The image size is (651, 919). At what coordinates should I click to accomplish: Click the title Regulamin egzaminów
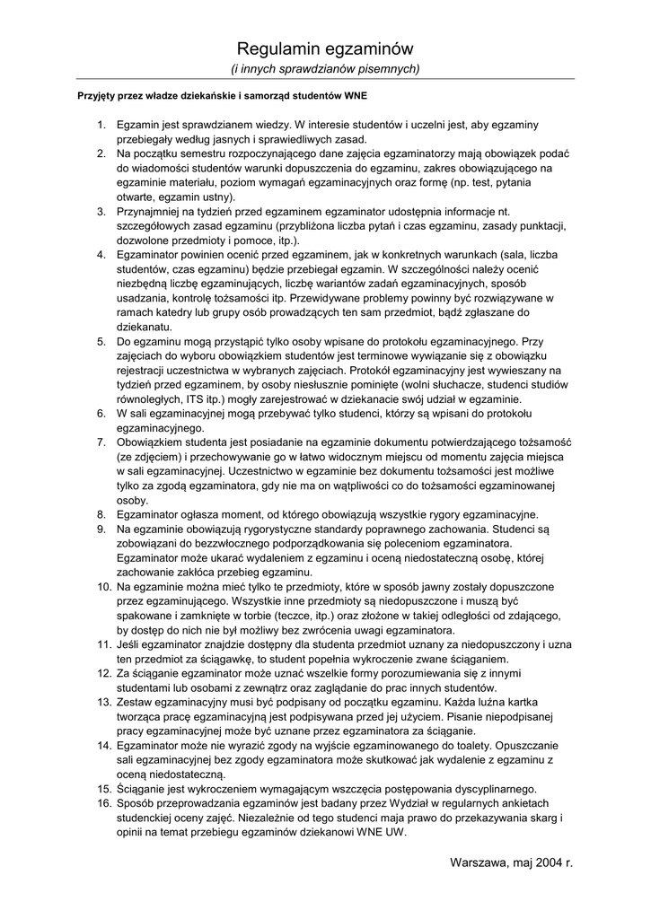coord(325,48)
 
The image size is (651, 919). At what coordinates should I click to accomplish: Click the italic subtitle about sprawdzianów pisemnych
coord(325,68)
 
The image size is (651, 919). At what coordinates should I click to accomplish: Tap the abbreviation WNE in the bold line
coord(352,95)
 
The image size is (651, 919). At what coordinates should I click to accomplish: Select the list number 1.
coord(102,124)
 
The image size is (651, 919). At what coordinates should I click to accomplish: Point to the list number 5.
coord(102,341)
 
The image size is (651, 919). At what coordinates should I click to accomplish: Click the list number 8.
coord(102,514)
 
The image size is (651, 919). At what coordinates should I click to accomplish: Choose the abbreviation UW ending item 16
coord(394,832)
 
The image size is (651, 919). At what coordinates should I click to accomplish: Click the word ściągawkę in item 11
coord(235,659)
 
